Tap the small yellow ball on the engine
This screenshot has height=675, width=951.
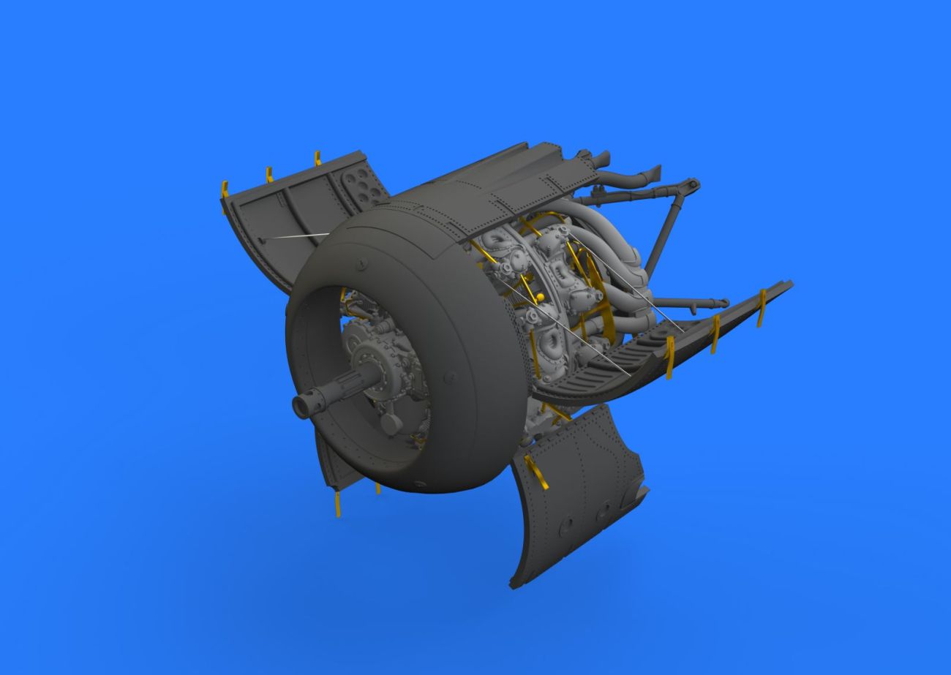539,296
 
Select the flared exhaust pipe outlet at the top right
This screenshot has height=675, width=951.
650,173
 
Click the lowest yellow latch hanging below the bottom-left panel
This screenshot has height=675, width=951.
338,505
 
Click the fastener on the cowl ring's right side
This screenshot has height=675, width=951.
453,377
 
